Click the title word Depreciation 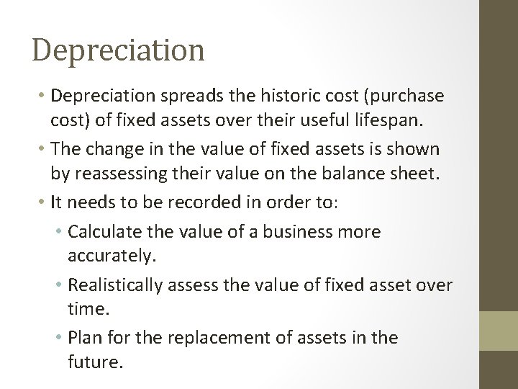click(118, 50)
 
